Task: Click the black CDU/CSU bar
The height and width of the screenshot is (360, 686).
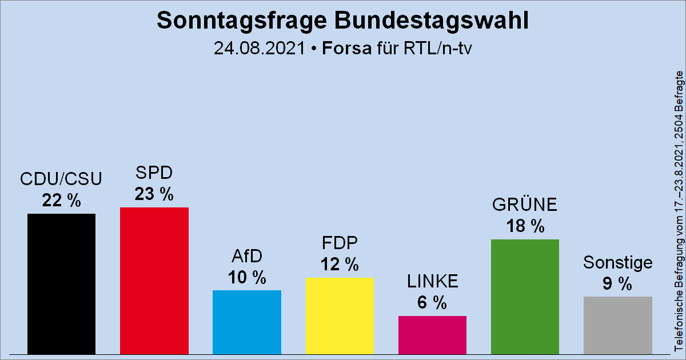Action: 61,283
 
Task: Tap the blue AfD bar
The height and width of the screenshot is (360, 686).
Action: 246,322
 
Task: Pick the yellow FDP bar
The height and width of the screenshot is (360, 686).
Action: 340,315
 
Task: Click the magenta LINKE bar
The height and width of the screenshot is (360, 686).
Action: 432,334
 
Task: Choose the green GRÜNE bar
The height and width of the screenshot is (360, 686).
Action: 525,296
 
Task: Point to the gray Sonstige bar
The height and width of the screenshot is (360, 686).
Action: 617,325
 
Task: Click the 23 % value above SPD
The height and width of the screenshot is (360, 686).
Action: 154,194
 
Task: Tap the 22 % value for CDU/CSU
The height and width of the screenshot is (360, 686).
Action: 61,201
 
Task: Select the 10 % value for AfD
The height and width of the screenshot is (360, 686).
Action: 246,278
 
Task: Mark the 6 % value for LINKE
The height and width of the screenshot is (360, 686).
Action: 432,303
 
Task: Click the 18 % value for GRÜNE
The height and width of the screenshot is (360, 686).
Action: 525,226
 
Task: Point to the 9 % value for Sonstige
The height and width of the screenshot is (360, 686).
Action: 617,283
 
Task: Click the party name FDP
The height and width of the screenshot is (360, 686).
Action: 340,243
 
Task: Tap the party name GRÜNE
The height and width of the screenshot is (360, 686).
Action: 525,205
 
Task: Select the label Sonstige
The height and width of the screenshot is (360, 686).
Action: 617,262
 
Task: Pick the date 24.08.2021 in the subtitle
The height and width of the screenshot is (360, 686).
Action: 258,48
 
